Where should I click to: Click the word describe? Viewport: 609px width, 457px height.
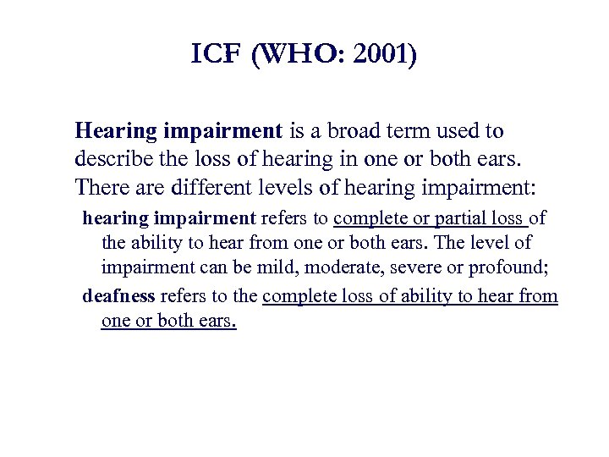pos(110,158)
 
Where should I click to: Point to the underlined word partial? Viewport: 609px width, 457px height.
pos(461,217)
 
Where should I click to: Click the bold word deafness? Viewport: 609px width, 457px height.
pos(118,295)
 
